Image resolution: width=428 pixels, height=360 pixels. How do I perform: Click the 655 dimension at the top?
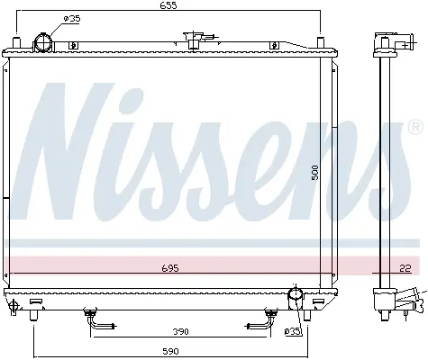[x=168, y=5]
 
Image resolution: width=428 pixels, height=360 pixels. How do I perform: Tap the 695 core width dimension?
[x=170, y=267]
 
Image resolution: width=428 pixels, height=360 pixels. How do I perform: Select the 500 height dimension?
[x=314, y=172]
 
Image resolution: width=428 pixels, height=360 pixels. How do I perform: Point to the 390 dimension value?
[x=180, y=331]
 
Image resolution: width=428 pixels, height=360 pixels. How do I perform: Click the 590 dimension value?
[x=170, y=351]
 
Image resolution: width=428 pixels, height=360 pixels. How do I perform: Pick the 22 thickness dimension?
[x=405, y=268]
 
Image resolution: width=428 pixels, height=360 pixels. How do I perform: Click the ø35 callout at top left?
[x=72, y=19]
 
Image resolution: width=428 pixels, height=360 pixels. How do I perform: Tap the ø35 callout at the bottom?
[x=292, y=331]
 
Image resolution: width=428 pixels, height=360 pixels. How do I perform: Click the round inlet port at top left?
[x=43, y=42]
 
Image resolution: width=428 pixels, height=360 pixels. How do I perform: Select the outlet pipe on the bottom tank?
[x=296, y=298]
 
